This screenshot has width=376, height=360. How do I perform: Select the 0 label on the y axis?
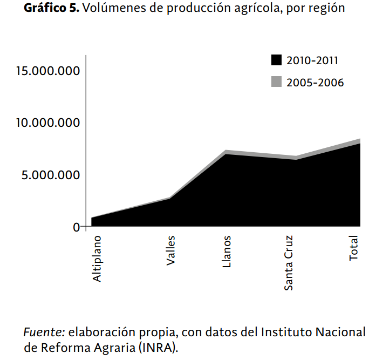pos(76,227)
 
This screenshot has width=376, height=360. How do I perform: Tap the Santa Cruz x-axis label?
pos(289,263)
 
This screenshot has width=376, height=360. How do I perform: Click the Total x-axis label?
pos(354,248)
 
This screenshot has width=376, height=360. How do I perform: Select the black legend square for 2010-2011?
pos(276,59)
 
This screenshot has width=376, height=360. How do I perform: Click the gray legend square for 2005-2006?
pos(276,81)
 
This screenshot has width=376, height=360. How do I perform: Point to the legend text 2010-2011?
pos(312,60)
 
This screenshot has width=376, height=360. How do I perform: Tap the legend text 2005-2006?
pos(315,83)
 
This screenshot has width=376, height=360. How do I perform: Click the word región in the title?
pos(328,10)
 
